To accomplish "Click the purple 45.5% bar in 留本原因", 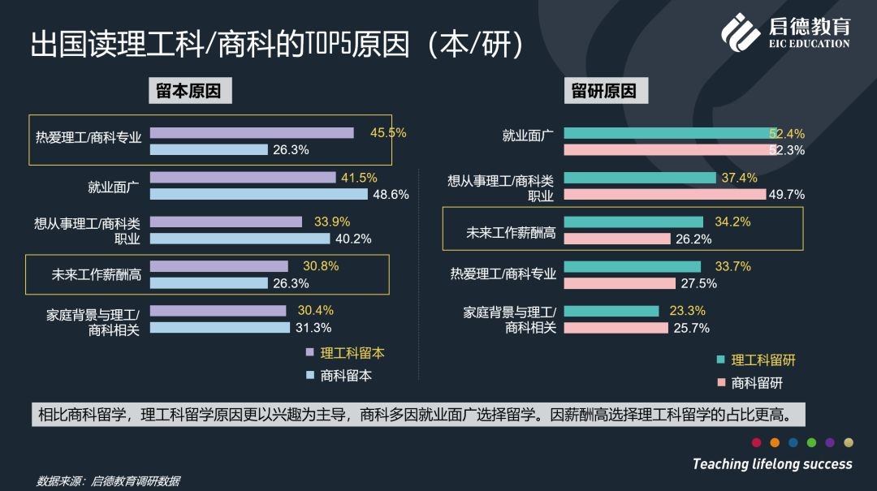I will (252, 133).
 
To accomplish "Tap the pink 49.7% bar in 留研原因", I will (664, 194).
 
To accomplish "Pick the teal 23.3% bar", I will (611, 311).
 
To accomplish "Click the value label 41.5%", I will (361, 178).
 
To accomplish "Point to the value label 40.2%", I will (353, 239).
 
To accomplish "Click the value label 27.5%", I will (698, 283).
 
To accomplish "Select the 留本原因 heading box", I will (189, 91).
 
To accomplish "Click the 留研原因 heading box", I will (604, 91).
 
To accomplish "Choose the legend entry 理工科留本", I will (352, 353).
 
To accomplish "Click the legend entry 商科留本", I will (345, 375).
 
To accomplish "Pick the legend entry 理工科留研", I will (763, 360).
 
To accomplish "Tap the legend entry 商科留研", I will (756, 382).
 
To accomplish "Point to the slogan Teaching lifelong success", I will (772, 464).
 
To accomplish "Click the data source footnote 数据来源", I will (107, 481).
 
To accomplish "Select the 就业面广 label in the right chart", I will (528, 136).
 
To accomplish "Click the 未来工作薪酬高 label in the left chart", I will (96, 274).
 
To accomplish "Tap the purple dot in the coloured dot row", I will (830, 442).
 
